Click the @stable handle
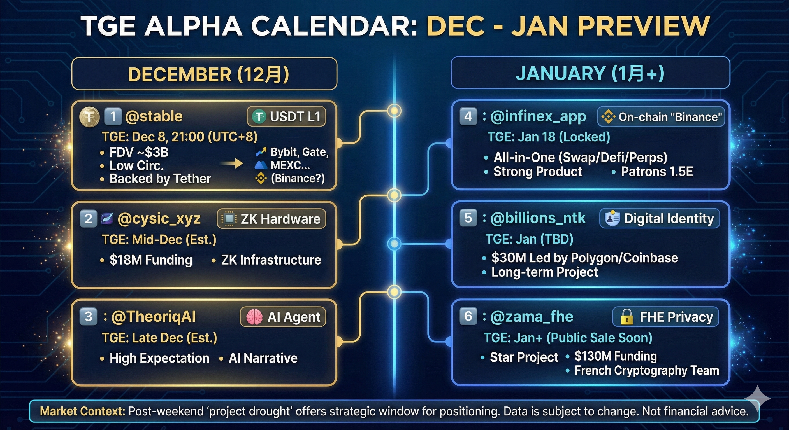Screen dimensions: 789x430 point(154,116)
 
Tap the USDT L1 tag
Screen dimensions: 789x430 point(286,116)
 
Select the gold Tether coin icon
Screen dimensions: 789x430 point(89,117)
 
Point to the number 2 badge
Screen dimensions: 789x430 point(88,219)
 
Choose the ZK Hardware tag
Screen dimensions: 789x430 point(271,219)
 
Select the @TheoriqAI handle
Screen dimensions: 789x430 point(154,316)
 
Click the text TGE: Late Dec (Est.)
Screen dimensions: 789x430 point(159,338)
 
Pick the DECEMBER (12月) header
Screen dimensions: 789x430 point(208,74)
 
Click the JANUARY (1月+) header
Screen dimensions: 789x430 point(590,73)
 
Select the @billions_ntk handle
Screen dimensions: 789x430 point(538,218)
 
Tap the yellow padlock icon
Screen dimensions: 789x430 point(627,316)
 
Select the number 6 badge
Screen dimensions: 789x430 point(468,316)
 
